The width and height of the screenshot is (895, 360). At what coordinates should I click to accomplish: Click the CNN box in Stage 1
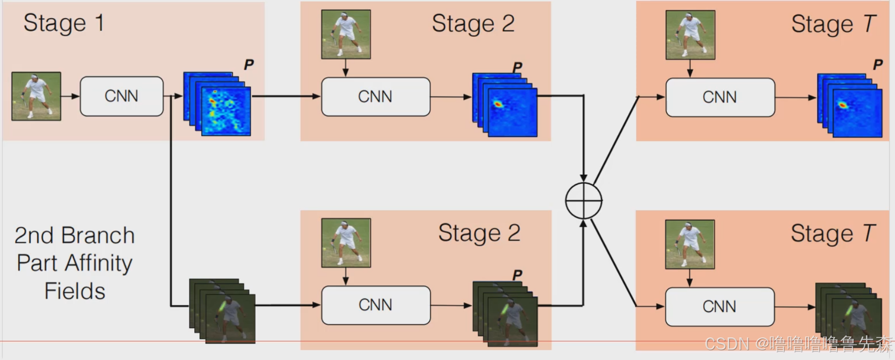tap(121, 96)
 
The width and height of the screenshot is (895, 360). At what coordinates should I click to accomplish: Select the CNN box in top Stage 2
tap(375, 97)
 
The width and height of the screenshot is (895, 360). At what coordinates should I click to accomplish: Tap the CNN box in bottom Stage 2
tap(375, 305)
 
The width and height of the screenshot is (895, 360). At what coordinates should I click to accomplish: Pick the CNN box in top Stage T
tap(720, 97)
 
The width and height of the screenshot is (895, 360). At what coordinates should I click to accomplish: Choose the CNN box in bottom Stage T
tap(719, 307)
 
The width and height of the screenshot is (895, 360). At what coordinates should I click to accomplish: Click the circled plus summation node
tap(583, 200)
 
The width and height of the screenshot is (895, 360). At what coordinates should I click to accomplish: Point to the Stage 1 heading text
tap(64, 23)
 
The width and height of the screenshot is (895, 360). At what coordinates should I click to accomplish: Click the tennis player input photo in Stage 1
tap(36, 96)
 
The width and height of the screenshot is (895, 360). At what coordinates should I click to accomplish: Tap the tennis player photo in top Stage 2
tap(346, 34)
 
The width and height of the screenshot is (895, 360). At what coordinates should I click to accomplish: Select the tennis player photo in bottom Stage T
tap(689, 244)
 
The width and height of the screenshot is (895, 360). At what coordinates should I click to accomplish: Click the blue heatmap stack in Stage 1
tap(217, 104)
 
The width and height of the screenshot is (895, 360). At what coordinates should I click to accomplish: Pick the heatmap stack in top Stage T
tap(849, 105)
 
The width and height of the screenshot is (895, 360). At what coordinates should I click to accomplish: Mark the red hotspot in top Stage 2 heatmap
tap(498, 104)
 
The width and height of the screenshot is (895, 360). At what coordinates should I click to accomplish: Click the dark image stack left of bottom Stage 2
tap(222, 311)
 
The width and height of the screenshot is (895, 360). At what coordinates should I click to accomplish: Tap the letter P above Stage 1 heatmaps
tap(249, 64)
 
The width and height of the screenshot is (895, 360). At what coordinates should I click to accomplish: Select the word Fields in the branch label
tap(75, 291)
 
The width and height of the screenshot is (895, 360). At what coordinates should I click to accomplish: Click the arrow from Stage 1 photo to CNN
tap(70, 96)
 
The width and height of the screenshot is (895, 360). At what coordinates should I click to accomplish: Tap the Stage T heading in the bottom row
tap(832, 233)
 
